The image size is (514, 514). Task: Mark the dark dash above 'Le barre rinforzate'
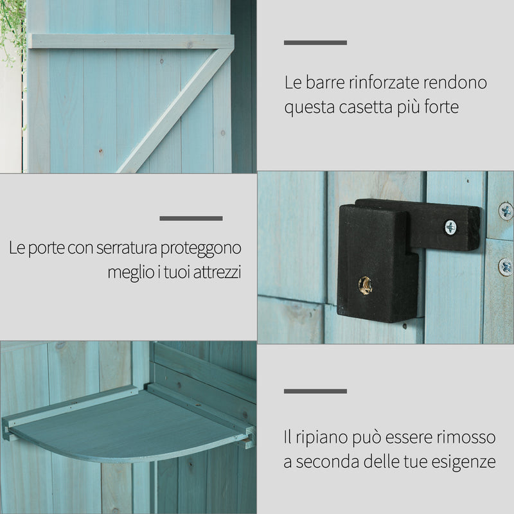click(x=315, y=43)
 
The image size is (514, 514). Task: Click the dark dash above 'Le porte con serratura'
click(x=191, y=218)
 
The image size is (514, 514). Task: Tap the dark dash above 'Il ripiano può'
click(x=315, y=391)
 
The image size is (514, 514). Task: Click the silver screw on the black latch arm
click(x=450, y=226)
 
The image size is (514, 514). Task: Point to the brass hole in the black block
click(x=365, y=285)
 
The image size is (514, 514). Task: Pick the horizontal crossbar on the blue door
click(x=128, y=41)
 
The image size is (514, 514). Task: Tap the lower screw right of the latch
click(x=506, y=265)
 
